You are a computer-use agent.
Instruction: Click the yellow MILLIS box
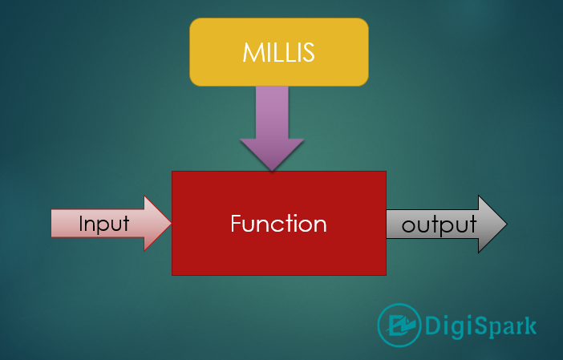(x=279, y=52)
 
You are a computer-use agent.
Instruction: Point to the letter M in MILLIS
(x=253, y=52)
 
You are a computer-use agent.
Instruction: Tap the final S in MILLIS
(x=308, y=52)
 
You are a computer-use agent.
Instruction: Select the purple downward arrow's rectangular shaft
(x=272, y=112)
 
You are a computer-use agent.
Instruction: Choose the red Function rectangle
(x=279, y=223)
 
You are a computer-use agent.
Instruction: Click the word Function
(x=278, y=224)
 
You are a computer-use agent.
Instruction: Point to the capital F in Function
(x=237, y=224)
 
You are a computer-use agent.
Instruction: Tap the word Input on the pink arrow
(x=103, y=224)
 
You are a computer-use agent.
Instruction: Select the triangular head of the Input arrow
(x=156, y=223)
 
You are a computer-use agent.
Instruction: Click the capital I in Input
(x=81, y=223)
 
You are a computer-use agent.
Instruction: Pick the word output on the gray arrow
(x=439, y=225)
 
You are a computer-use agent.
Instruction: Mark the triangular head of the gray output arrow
(x=491, y=224)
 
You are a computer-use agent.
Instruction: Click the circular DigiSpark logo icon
(x=399, y=326)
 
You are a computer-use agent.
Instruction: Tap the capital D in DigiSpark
(x=432, y=326)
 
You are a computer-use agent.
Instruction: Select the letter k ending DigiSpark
(x=529, y=326)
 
